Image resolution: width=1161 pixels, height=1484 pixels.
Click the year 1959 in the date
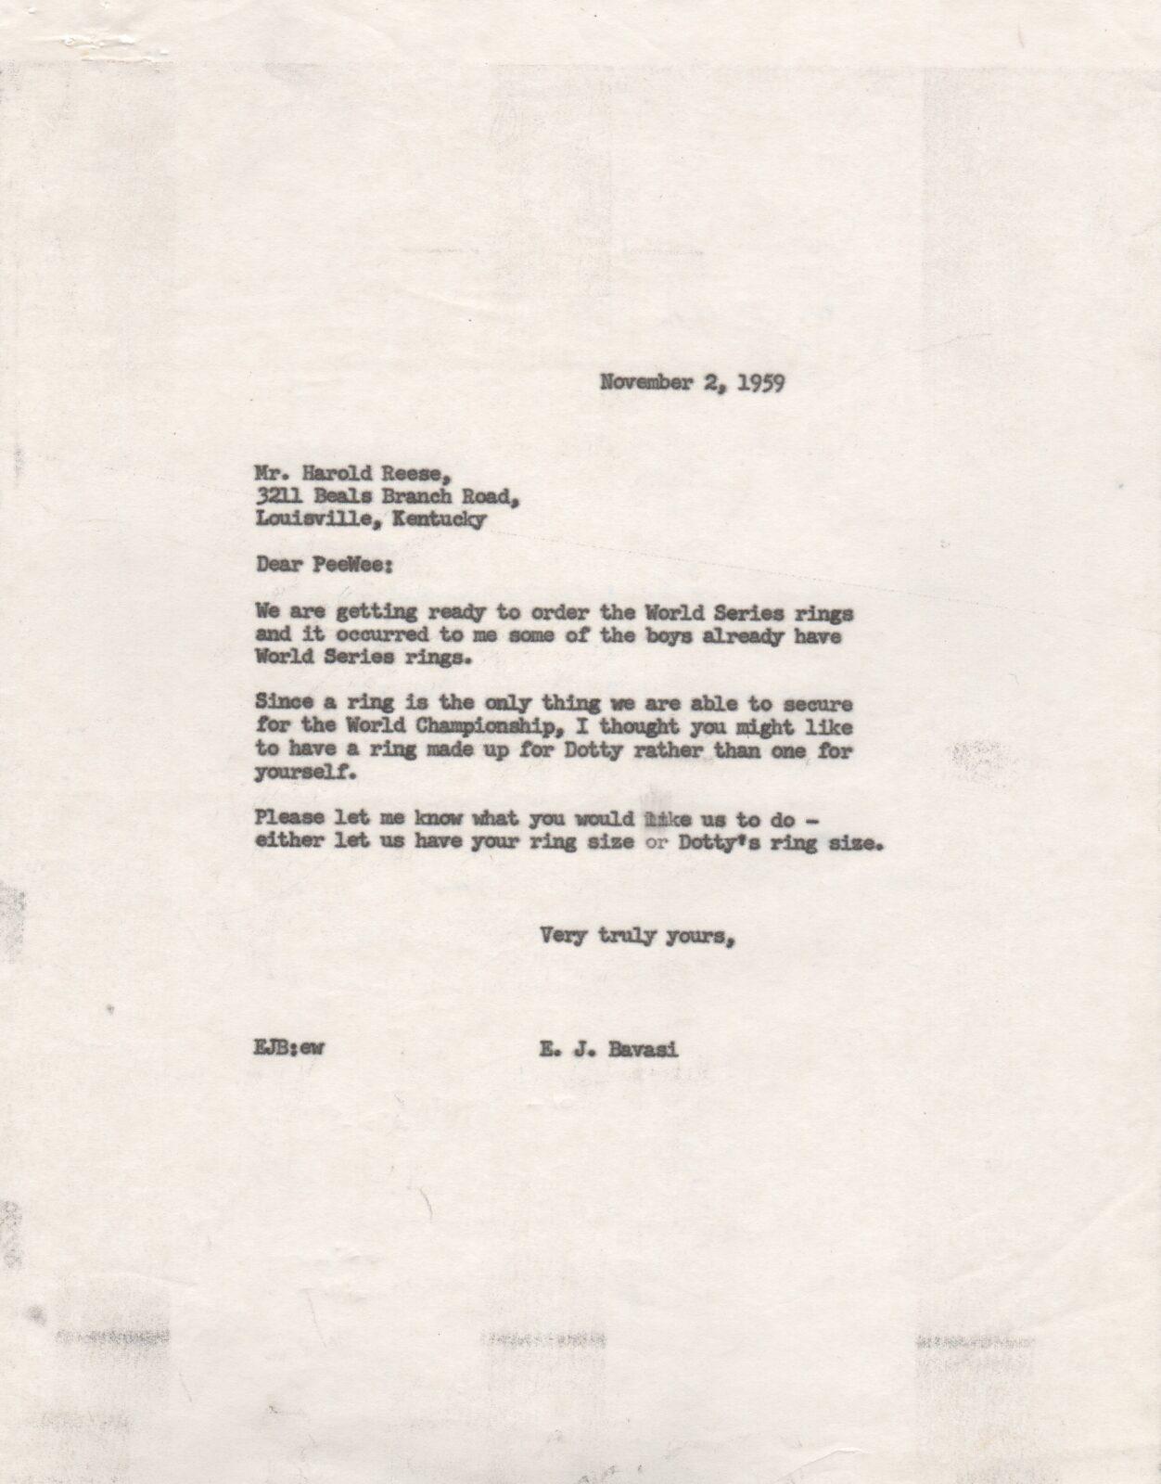[x=760, y=383]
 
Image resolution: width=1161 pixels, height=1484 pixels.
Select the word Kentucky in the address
[x=440, y=519]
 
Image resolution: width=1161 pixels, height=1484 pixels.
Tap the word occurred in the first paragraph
[x=378, y=635]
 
